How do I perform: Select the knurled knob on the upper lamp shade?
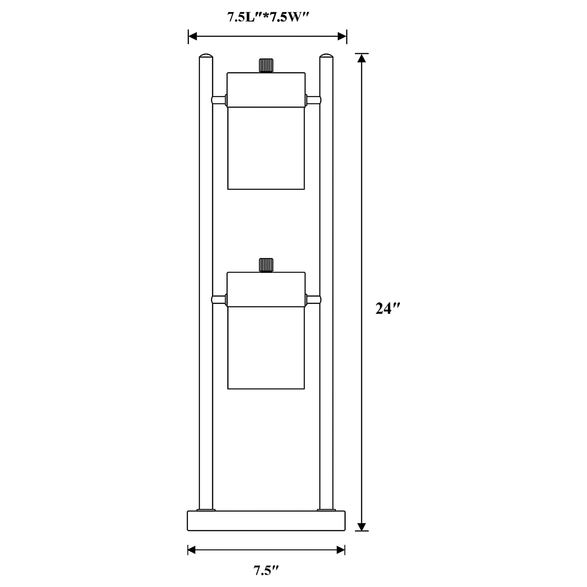[266, 65]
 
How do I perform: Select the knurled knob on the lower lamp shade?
[266, 265]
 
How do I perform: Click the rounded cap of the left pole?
[206, 56]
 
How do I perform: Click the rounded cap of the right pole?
[326, 56]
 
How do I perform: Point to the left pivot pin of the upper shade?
[219, 100]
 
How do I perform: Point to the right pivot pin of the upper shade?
[313, 100]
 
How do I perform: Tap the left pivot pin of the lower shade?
[219, 300]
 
